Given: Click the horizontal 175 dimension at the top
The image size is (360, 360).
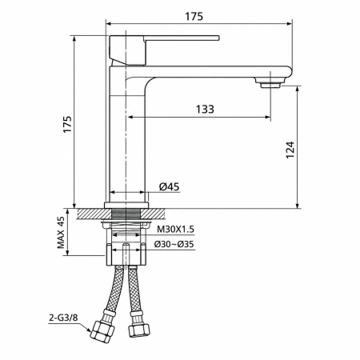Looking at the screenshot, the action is pos(194,17).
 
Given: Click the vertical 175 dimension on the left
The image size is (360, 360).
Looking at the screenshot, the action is pos(67,124).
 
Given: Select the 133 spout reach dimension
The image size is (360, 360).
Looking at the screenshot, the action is pos(205,109).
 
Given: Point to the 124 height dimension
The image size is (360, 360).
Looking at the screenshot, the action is pos(290,150).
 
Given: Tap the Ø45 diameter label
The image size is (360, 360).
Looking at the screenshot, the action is pos(169,186).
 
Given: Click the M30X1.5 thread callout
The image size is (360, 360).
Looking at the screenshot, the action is pos(175,229).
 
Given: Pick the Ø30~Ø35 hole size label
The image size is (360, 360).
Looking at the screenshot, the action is pos(174,244).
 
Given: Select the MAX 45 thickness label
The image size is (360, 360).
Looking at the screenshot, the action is pos(61,232).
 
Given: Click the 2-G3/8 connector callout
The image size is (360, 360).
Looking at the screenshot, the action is pos(63,318).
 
